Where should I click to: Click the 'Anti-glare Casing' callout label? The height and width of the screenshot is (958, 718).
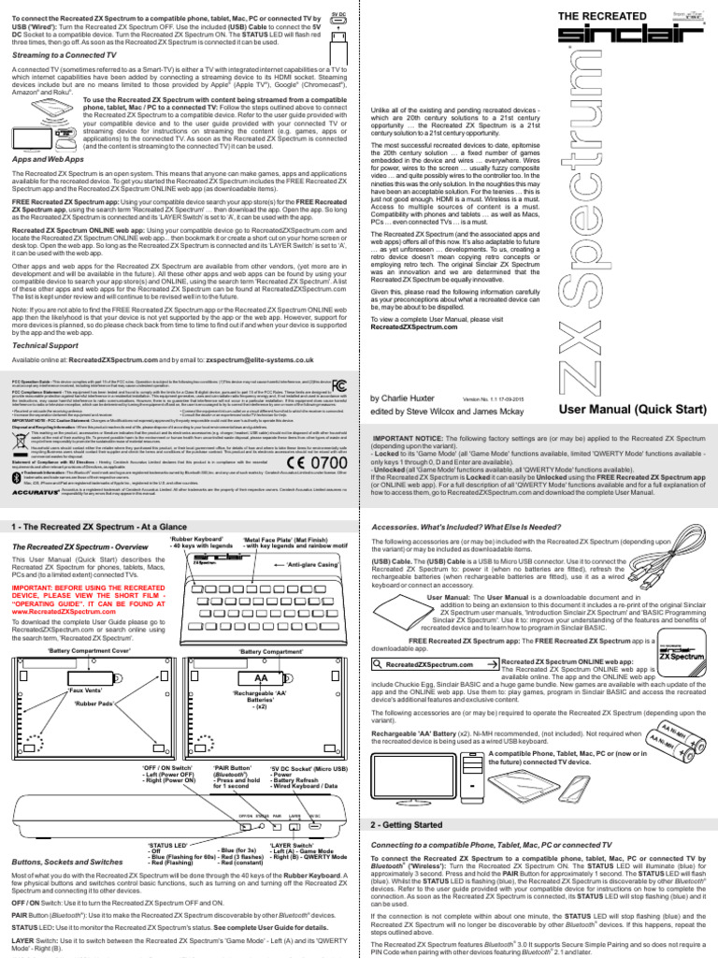(x=314, y=563)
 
